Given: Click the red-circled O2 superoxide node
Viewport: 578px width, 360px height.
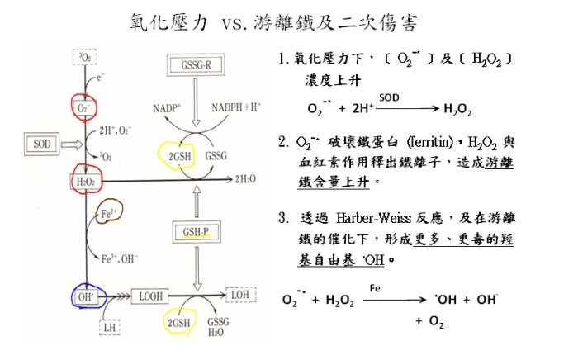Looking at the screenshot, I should (x=85, y=107).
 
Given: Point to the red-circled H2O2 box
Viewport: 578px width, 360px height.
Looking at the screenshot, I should (x=85, y=179).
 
